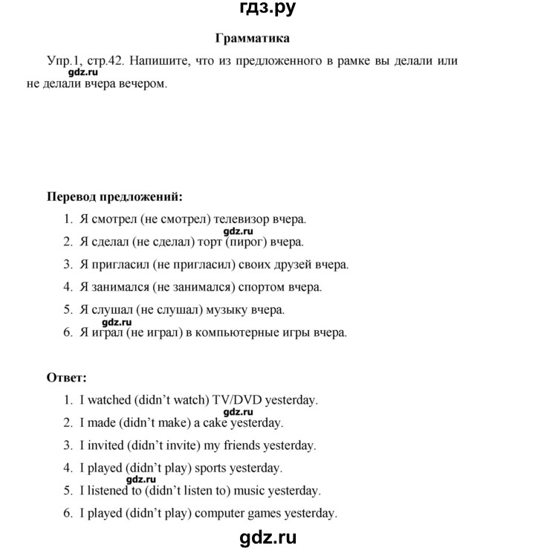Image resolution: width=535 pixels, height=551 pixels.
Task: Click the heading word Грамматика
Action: tap(252, 37)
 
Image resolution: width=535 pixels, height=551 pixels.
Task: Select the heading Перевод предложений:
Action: tap(114, 197)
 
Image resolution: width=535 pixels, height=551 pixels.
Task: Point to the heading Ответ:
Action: tap(67, 377)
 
